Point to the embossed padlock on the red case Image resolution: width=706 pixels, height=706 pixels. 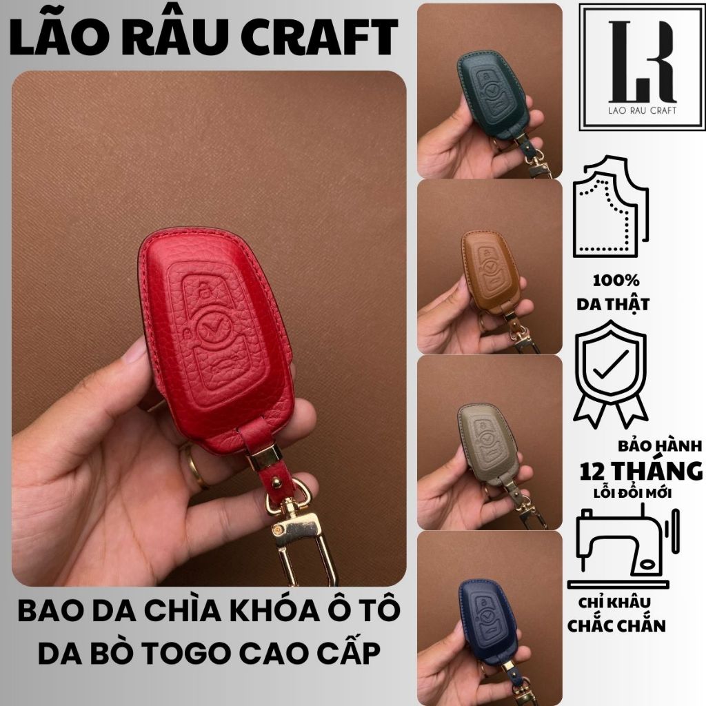click(x=205, y=290)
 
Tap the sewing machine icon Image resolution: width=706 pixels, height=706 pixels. click(x=624, y=545)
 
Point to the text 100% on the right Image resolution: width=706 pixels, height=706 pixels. click(x=616, y=281)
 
